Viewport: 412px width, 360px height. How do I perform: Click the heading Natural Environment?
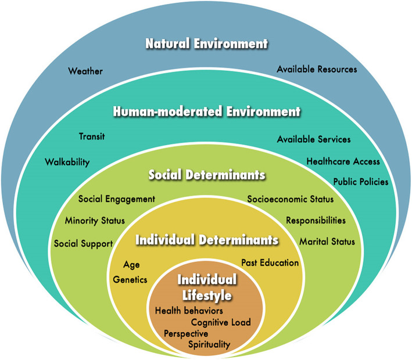point(207,44)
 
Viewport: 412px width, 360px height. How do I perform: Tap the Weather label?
point(85,71)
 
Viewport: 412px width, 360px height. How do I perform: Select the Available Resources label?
point(317,69)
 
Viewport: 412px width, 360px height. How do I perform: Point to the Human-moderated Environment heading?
point(207,111)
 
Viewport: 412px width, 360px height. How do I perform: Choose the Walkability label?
point(67,162)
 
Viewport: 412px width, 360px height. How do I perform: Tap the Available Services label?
point(314,139)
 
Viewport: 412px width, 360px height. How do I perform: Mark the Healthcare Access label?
point(343,161)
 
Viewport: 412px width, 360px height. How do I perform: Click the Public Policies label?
point(360,182)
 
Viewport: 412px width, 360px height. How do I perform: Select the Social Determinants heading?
point(207,175)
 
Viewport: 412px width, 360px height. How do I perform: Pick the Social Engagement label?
point(117,199)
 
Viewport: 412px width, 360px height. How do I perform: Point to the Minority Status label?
point(95,221)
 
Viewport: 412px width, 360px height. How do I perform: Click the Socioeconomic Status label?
point(291,199)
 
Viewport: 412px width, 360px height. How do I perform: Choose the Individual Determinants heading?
point(207,239)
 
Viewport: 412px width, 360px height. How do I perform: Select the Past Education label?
point(270,262)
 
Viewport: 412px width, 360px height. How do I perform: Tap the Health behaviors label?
point(189,311)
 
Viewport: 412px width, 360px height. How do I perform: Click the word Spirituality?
point(209,344)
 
